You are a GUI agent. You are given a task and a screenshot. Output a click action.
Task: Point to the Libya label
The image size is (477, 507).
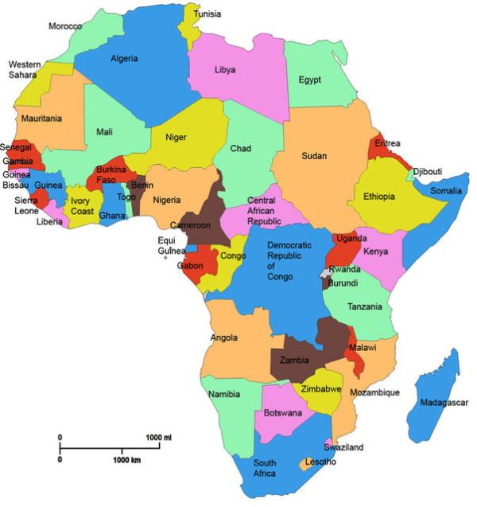click(x=225, y=70)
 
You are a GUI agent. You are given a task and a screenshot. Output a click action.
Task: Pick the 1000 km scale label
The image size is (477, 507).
click(x=126, y=461)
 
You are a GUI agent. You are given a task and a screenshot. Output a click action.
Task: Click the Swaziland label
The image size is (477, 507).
click(x=343, y=447)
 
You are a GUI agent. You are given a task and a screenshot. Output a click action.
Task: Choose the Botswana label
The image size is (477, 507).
click(x=283, y=413)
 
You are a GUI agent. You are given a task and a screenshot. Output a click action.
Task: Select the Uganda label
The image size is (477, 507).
click(x=351, y=238)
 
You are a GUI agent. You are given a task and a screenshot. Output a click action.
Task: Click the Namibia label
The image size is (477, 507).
click(x=224, y=395)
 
